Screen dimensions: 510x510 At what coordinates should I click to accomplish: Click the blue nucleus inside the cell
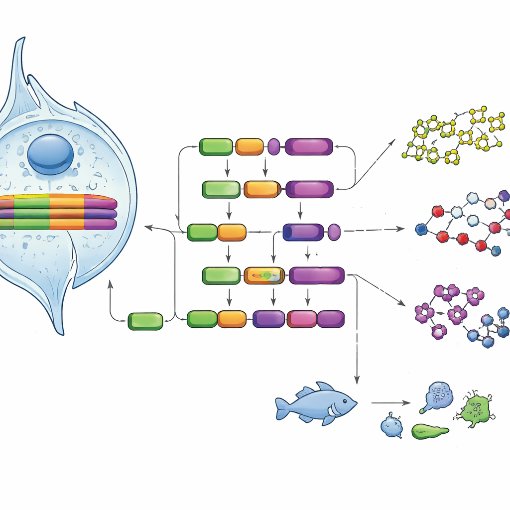point(50,154)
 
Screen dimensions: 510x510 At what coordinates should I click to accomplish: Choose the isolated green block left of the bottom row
point(145,321)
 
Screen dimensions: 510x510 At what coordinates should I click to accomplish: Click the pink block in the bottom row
point(302,319)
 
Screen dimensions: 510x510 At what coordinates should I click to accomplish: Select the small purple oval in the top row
point(274,146)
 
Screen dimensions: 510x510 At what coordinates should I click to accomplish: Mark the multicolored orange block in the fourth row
point(264,275)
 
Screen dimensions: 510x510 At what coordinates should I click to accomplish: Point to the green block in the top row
point(216,146)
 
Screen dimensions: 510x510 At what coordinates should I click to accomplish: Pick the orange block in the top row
point(249,146)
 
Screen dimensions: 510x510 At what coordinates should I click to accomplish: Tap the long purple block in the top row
point(309,146)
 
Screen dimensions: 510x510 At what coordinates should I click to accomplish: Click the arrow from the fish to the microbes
point(390,402)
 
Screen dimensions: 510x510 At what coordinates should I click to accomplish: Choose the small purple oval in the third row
point(334,232)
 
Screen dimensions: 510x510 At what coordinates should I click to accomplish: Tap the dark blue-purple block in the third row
point(303,232)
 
